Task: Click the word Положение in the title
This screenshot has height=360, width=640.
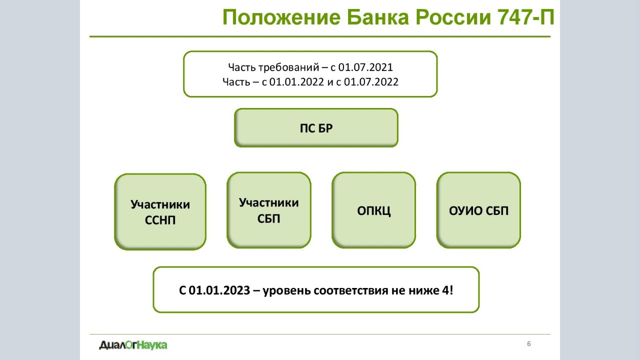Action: (281, 17)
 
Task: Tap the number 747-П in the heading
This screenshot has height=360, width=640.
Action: (525, 17)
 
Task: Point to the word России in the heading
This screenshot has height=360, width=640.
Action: (453, 17)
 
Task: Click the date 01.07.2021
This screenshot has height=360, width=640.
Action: (365, 67)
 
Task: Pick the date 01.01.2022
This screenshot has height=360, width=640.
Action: (296, 82)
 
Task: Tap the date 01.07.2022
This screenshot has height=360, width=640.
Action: (371, 82)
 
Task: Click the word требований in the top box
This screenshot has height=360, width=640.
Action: (288, 67)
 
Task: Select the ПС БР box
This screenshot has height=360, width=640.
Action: (316, 128)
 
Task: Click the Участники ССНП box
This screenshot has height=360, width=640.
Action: (160, 211)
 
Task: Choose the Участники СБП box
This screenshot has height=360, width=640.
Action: (269, 210)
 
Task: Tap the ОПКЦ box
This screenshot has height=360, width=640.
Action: (373, 210)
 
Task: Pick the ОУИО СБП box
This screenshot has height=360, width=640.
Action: (478, 210)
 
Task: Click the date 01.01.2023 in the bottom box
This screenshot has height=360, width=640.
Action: (219, 290)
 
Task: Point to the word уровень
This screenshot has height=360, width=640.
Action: (286, 291)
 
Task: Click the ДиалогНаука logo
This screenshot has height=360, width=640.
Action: (133, 345)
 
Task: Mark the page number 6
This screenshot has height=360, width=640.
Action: (529, 343)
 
